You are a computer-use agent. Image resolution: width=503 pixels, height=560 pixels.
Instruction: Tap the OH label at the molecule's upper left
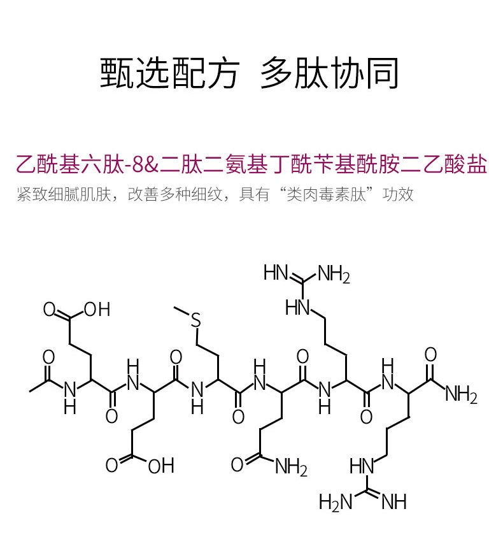pyautogui.click(x=97, y=310)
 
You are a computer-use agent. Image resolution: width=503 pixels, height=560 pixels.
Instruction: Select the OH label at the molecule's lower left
pyautogui.click(x=160, y=466)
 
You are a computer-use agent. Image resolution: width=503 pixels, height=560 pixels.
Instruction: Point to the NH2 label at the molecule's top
pyautogui.click(x=334, y=275)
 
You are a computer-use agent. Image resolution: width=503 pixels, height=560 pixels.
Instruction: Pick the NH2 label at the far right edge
pyautogui.click(x=461, y=396)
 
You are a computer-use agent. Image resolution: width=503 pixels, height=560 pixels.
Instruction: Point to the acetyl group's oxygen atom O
pyautogui.click(x=49, y=357)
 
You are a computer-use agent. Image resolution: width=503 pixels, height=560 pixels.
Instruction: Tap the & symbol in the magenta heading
pyautogui.click(x=153, y=165)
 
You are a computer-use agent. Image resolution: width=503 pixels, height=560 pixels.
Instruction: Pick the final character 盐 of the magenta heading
pyautogui.click(x=478, y=164)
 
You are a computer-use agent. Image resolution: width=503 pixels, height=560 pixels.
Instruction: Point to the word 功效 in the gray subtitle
pyautogui.click(x=399, y=194)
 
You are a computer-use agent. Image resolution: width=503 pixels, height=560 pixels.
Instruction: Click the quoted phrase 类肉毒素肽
pyautogui.click(x=330, y=194)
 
